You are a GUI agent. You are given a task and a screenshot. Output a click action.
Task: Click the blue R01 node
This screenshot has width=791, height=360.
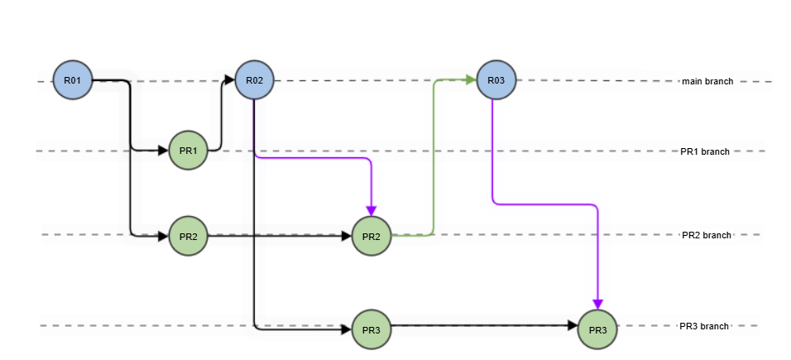click(73, 80)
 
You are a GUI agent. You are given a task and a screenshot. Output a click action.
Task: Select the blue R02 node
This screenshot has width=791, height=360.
click(255, 80)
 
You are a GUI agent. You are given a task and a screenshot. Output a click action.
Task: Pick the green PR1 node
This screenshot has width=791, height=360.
click(188, 151)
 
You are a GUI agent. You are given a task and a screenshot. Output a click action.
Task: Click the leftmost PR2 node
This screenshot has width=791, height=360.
click(188, 237)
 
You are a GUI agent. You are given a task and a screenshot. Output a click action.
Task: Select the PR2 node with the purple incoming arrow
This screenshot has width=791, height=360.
click(372, 237)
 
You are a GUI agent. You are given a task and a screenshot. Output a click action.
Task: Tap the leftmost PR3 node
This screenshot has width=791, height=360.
click(372, 329)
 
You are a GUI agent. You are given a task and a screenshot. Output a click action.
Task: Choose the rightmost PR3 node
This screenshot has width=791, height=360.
click(597, 329)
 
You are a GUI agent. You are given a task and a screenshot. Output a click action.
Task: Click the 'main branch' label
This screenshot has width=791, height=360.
click(707, 81)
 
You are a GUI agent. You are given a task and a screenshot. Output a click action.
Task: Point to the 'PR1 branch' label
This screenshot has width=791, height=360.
click(705, 151)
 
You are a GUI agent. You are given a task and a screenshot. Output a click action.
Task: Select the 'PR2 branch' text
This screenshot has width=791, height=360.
click(706, 235)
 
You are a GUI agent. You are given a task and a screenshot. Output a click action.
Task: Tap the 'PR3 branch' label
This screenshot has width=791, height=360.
click(704, 326)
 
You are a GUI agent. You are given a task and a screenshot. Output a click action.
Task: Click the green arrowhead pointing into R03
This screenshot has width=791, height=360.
click(470, 80)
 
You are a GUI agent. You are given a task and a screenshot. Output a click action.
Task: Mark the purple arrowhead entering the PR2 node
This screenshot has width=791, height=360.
click(372, 210)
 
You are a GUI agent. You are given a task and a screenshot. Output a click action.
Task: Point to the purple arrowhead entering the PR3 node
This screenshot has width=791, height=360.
click(597, 304)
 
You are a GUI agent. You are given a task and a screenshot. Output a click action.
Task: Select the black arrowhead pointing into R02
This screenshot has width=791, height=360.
click(229, 80)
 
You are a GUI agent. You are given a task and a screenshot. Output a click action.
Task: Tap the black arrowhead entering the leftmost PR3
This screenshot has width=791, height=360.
click(346, 329)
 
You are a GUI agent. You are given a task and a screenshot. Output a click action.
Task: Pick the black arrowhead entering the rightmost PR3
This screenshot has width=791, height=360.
click(572, 327)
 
